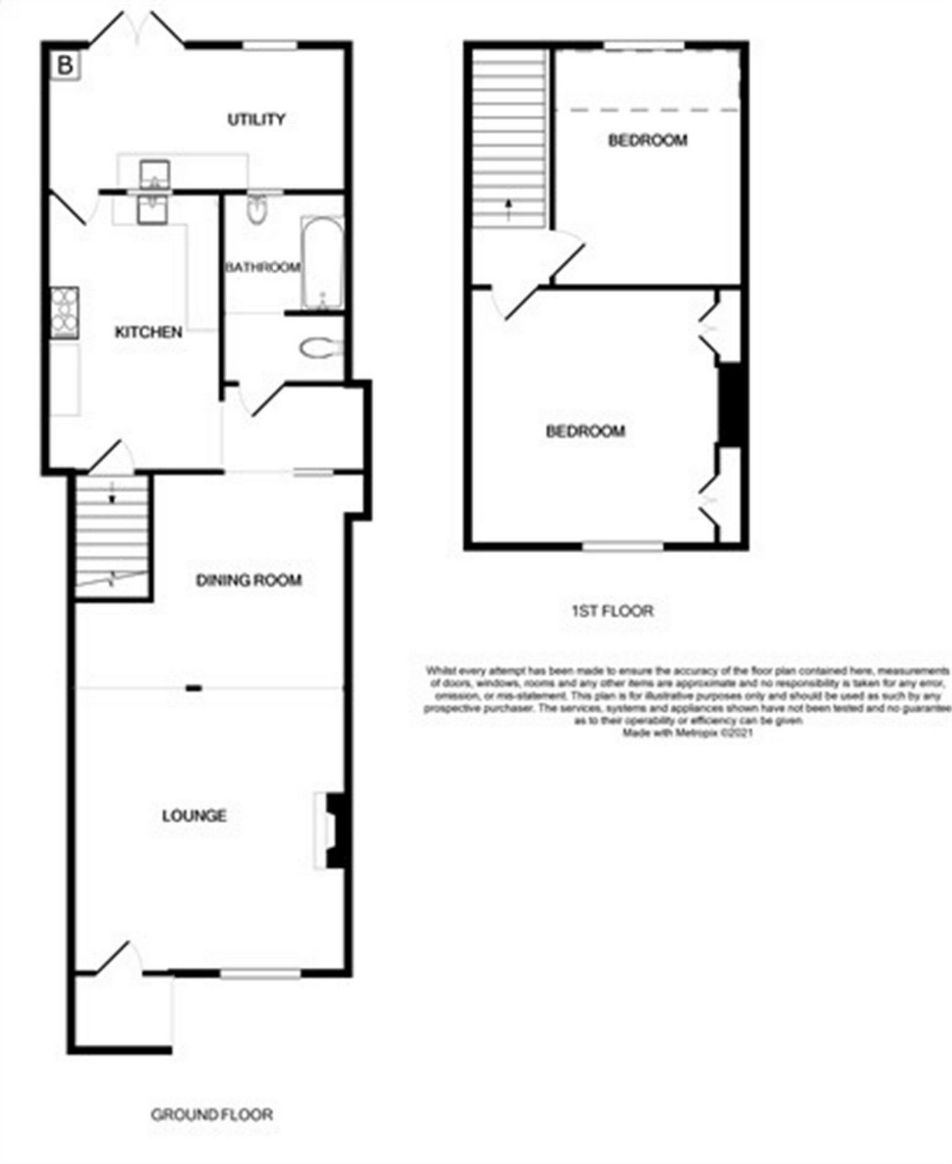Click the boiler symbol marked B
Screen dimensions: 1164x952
pos(66,66)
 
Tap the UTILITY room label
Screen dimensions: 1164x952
pos(256,119)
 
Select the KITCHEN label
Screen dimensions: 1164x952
pos(148,332)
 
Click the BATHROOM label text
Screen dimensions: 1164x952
pos(262,267)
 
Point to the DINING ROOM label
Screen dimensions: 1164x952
pos(248,580)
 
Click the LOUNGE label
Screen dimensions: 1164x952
pos(194,816)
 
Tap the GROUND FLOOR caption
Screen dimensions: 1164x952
pos(212,1114)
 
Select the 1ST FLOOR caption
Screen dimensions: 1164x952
pos(612,610)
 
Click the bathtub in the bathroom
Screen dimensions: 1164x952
pos(322,262)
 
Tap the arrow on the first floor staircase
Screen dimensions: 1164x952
pos(508,209)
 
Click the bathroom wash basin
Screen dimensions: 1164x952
pos(257,209)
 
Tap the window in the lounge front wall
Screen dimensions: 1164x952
pos(261,974)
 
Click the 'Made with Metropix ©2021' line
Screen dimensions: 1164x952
pos(688,733)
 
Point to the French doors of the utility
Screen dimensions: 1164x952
pos(138,32)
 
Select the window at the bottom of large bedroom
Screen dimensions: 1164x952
pos(623,545)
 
